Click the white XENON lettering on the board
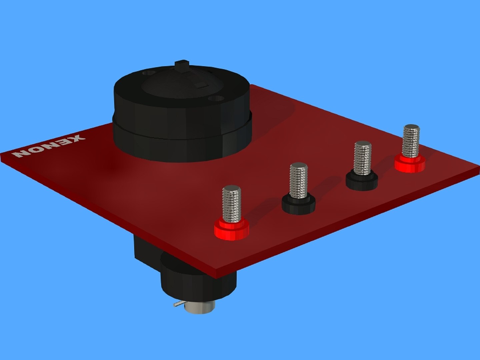tap(48, 146)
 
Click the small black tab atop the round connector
tap(182, 65)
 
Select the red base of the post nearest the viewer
tap(231, 230)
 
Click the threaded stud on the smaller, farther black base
tap(363, 158)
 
